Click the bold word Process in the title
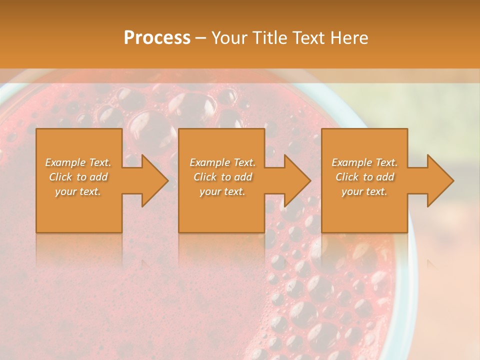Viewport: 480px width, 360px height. click(x=157, y=38)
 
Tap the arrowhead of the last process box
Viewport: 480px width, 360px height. click(x=439, y=180)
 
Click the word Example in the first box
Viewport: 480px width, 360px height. click(x=65, y=162)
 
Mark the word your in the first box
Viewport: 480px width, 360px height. click(x=65, y=192)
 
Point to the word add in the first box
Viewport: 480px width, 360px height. click(x=99, y=177)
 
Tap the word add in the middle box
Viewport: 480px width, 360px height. click(x=243, y=177)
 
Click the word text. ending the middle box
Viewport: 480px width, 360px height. click(x=234, y=192)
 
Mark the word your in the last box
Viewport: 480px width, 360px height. click(x=352, y=192)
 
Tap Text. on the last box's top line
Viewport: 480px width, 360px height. click(x=386, y=162)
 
